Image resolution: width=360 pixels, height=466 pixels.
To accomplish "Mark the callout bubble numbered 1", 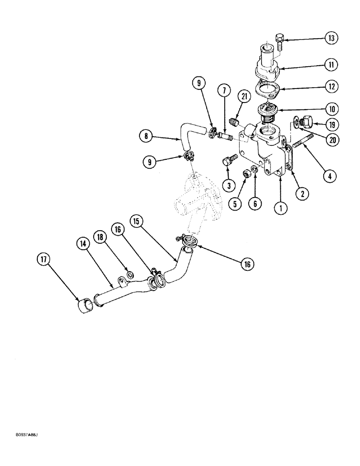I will pos(280,209).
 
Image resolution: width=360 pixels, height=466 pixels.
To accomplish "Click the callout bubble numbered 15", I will pos(136,221).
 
